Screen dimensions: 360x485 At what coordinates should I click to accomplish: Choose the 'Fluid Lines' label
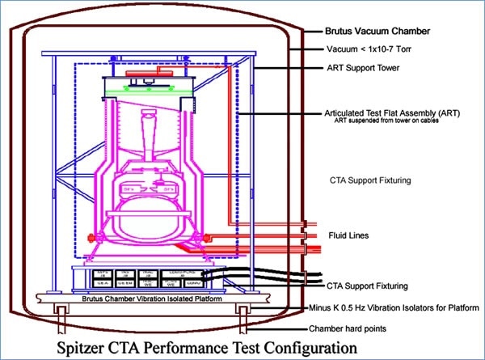(x=350, y=235)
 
